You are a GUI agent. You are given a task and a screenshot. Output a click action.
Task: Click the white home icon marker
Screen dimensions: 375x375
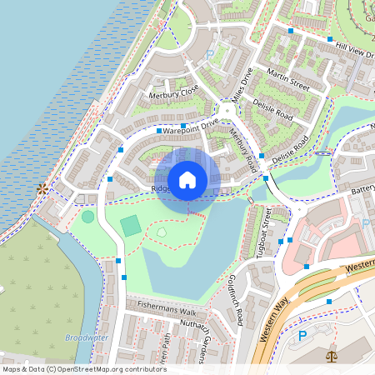click(x=187, y=179)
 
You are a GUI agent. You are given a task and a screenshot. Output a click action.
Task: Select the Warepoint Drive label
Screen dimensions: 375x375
click(x=190, y=127)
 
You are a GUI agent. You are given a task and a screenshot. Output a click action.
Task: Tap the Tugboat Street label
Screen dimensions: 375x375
click(x=267, y=233)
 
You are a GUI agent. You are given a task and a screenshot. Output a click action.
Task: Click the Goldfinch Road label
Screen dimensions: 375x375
click(x=234, y=299)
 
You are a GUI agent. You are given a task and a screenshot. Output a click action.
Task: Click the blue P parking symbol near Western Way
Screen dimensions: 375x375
click(x=302, y=335)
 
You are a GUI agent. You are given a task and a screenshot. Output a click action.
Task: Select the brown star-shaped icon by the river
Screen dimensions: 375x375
click(x=41, y=190)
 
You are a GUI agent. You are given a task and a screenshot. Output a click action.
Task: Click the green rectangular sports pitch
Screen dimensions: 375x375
click(x=131, y=225)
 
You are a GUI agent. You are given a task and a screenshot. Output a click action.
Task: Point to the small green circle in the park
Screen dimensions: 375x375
click(x=88, y=217)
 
